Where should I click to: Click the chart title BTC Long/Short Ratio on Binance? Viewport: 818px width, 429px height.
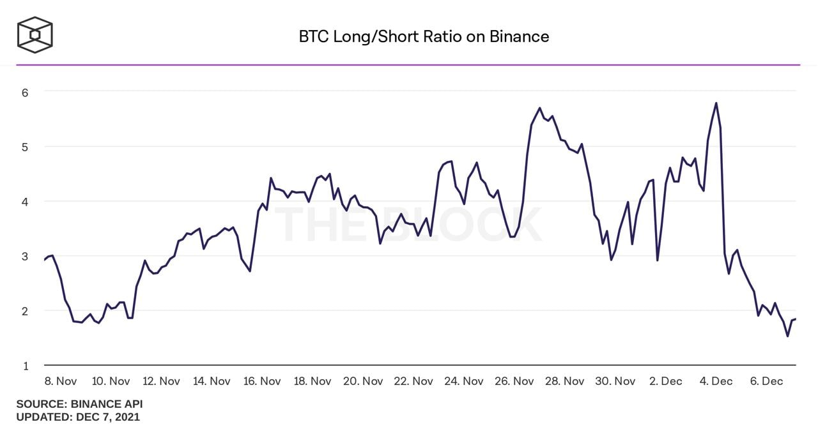click(x=424, y=36)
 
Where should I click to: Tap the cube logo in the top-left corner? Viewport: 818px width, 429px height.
click(x=35, y=34)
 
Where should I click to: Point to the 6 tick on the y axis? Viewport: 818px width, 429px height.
click(x=25, y=92)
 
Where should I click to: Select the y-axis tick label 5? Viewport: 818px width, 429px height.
click(x=25, y=147)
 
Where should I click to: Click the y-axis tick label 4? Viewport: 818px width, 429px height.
click(x=25, y=202)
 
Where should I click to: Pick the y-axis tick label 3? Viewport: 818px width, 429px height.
click(x=25, y=257)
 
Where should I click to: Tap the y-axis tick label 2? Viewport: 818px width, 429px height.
click(x=25, y=312)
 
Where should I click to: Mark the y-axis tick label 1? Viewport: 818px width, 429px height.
click(x=25, y=366)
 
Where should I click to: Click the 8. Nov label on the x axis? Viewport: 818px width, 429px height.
click(x=61, y=381)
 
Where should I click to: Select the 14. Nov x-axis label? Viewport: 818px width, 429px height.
click(x=211, y=381)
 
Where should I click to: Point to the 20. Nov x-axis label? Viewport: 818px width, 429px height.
click(x=363, y=381)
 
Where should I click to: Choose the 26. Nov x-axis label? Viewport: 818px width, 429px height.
click(x=514, y=381)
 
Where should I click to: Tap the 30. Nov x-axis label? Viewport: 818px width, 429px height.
click(x=615, y=381)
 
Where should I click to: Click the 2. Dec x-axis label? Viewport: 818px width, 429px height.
click(x=665, y=381)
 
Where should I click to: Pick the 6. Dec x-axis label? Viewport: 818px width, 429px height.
click(x=766, y=381)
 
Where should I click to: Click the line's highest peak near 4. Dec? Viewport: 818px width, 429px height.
click(x=716, y=103)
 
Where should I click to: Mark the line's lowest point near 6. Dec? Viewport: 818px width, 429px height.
click(x=787, y=336)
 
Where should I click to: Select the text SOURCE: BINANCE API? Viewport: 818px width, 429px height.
click(x=79, y=404)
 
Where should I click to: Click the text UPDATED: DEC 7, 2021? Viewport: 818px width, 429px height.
click(x=78, y=417)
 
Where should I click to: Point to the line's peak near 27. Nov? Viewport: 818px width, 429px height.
click(x=539, y=108)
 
